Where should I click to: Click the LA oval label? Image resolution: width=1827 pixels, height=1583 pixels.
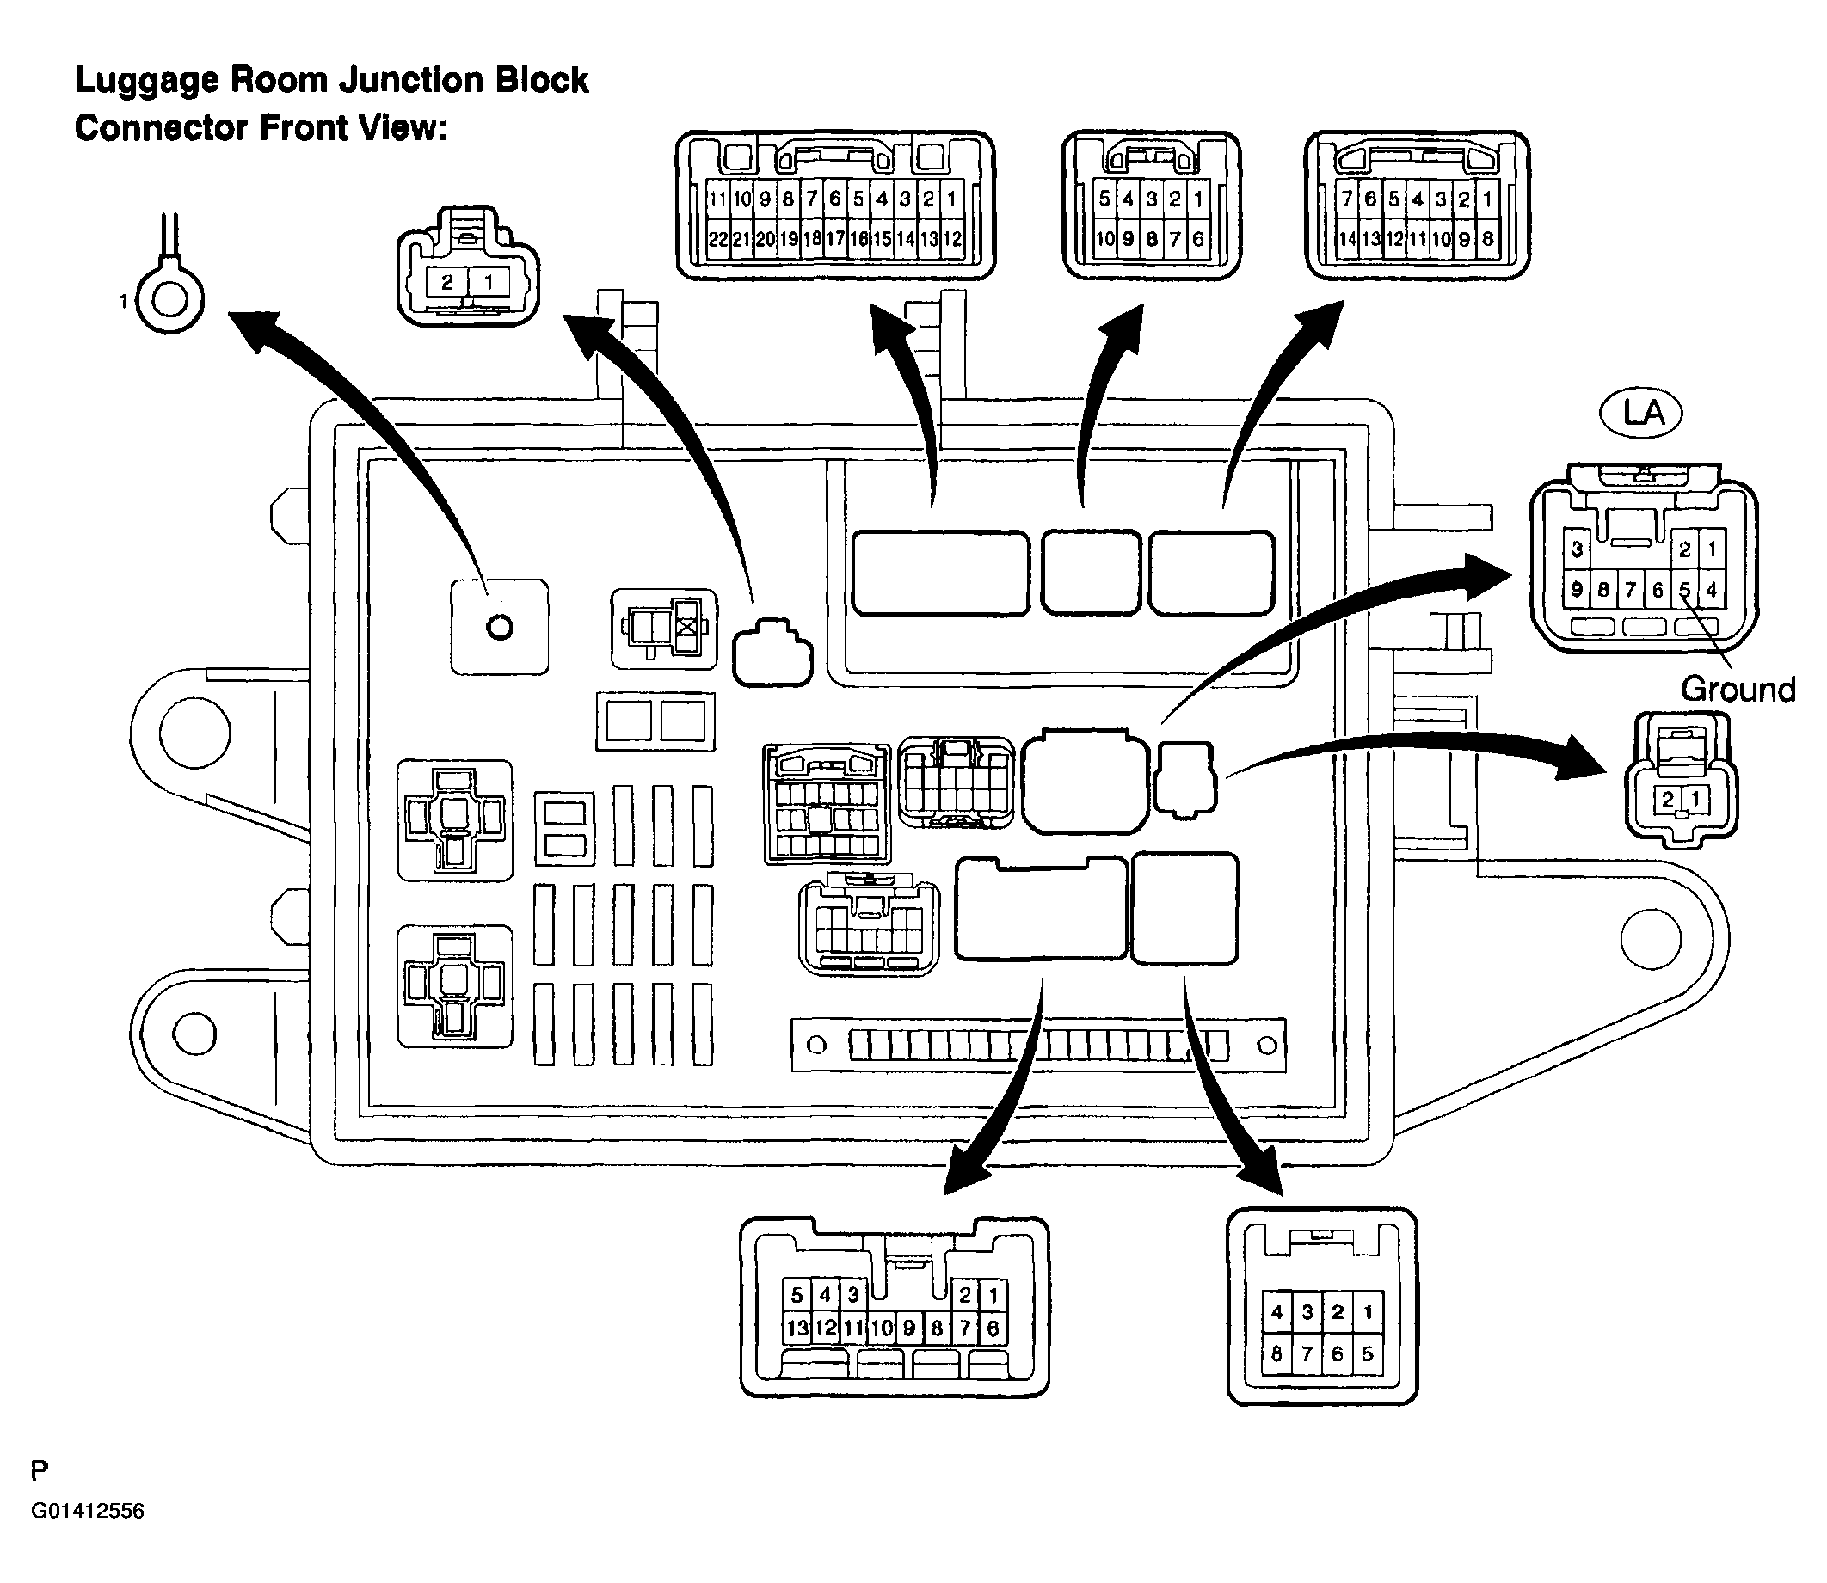[x=1640, y=413]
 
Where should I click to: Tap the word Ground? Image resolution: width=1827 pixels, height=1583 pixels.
[x=1738, y=690]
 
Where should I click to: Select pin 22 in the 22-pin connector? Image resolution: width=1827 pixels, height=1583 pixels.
[x=718, y=239]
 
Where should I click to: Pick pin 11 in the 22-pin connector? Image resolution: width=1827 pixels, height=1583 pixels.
[x=718, y=199]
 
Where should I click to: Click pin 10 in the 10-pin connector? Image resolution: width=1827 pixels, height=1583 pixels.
[x=1104, y=238]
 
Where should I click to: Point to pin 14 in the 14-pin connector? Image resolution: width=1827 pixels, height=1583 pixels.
[x=1346, y=238]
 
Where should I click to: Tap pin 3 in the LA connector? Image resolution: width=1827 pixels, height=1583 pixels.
[x=1577, y=550]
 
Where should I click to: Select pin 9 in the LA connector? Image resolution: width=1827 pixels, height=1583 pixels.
[x=1577, y=589]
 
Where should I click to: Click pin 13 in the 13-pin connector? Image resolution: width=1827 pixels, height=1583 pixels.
[x=797, y=1328]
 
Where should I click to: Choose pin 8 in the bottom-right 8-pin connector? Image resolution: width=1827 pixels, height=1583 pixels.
[x=1277, y=1354]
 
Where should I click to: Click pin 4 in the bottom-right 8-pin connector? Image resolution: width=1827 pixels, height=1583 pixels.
[x=1277, y=1313]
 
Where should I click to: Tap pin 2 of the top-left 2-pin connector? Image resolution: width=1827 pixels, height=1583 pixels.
[x=448, y=283]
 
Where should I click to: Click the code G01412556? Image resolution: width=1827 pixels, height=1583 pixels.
[x=89, y=1511]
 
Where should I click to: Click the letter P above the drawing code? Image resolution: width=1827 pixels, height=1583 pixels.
[x=40, y=1471]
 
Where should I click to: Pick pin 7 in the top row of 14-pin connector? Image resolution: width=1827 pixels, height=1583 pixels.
[x=1346, y=199]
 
